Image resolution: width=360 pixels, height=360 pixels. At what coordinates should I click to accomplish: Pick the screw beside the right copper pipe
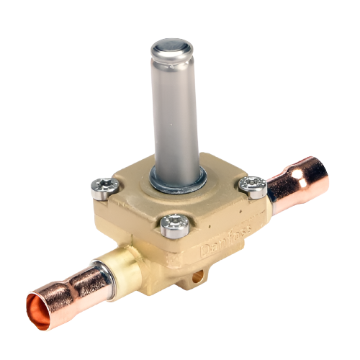point(253,185)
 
